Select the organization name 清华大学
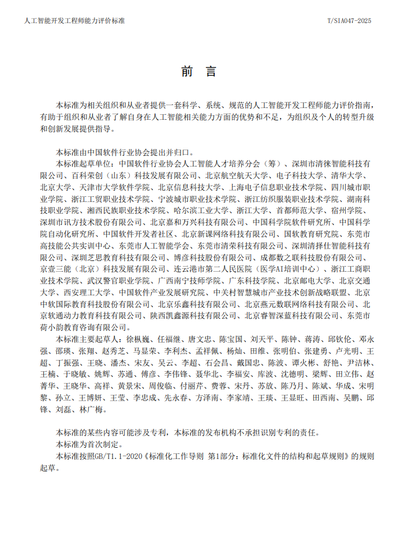354,175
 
